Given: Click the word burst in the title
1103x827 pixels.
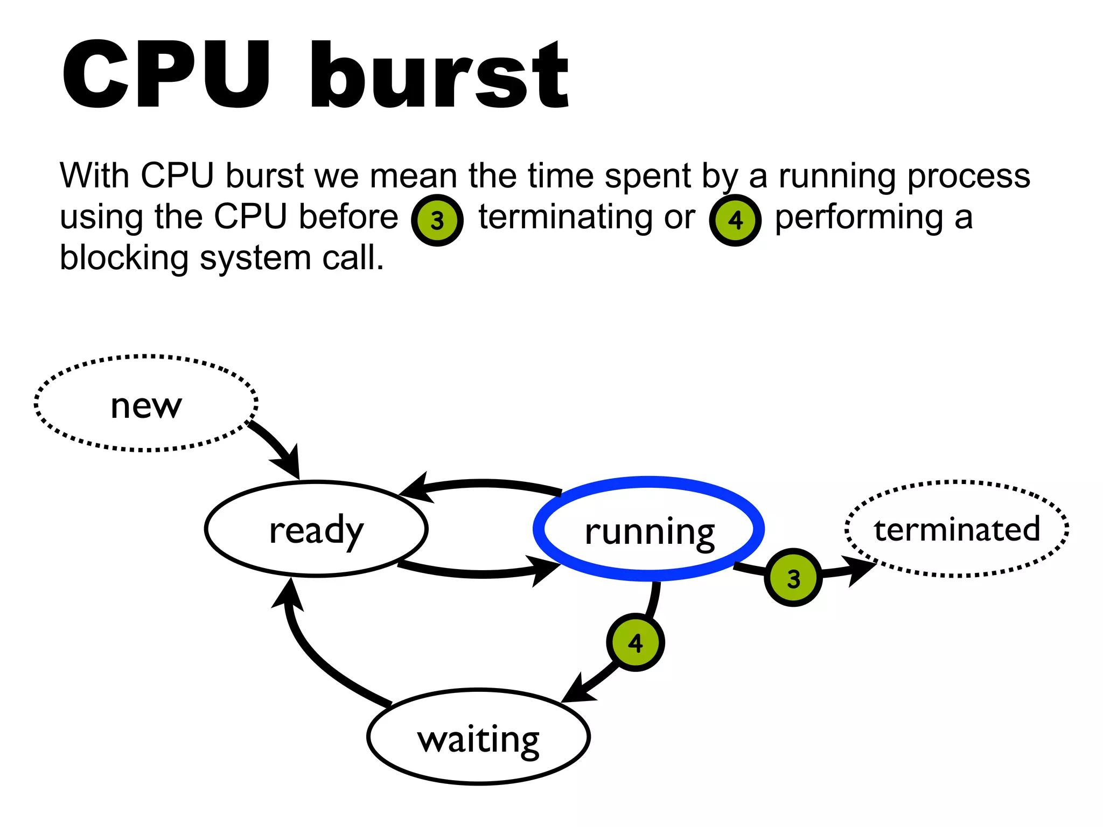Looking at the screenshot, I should click(x=439, y=75).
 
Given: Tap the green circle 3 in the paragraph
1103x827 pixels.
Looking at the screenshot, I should click(x=437, y=220).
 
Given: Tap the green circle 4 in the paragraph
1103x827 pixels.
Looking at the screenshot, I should click(x=735, y=220).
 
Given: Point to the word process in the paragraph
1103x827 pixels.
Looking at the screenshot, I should click(x=968, y=176).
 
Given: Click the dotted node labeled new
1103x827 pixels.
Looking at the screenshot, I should click(x=146, y=404).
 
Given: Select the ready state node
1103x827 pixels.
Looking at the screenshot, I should click(x=316, y=529).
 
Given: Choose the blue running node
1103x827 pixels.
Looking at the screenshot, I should click(x=648, y=529).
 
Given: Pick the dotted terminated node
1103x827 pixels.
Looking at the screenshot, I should click(x=957, y=529).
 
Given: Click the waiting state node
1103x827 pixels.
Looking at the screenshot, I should click(x=478, y=737).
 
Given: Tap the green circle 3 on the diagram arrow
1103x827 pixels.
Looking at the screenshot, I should click(x=793, y=578).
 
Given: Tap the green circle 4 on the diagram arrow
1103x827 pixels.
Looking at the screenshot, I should click(x=635, y=642).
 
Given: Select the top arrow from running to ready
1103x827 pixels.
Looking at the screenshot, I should click(x=485, y=483).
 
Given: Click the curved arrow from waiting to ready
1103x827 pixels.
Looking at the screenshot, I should click(x=312, y=657).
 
